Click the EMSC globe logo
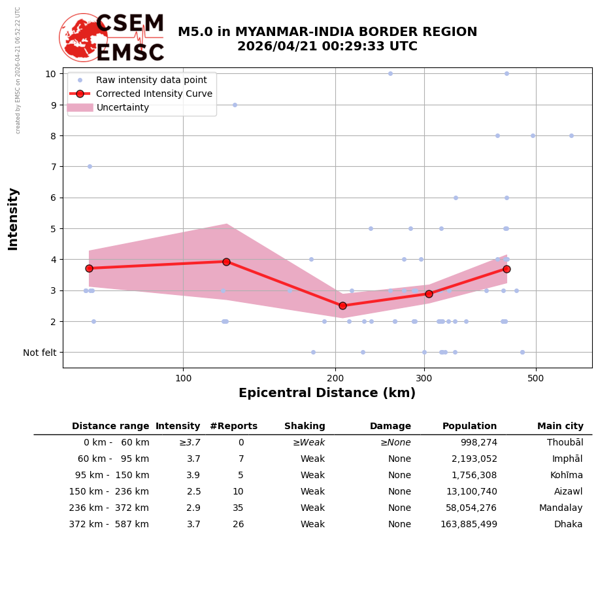pyautogui.click(x=84, y=38)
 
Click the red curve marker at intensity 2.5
pyautogui.click(x=342, y=305)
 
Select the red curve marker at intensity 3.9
pyautogui.click(x=226, y=262)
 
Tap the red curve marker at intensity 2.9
pyautogui.click(x=429, y=294)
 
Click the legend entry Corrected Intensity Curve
pyautogui.click(x=154, y=94)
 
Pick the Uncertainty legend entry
pyautogui.click(x=123, y=107)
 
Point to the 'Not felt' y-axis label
pyautogui.click(x=40, y=353)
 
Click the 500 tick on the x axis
pyautogui.click(x=536, y=378)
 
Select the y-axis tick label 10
pyautogui.click(x=50, y=73)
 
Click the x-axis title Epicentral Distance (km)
pyautogui.click(x=327, y=393)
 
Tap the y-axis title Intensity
pyautogui.click(x=13, y=218)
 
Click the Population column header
pyautogui.click(x=469, y=427)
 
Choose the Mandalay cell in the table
pyautogui.click(x=561, y=508)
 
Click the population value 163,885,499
pyautogui.click(x=469, y=525)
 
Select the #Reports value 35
pyautogui.click(x=238, y=508)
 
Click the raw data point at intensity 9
pyautogui.click(x=235, y=105)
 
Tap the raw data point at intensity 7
pyautogui.click(x=90, y=166)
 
